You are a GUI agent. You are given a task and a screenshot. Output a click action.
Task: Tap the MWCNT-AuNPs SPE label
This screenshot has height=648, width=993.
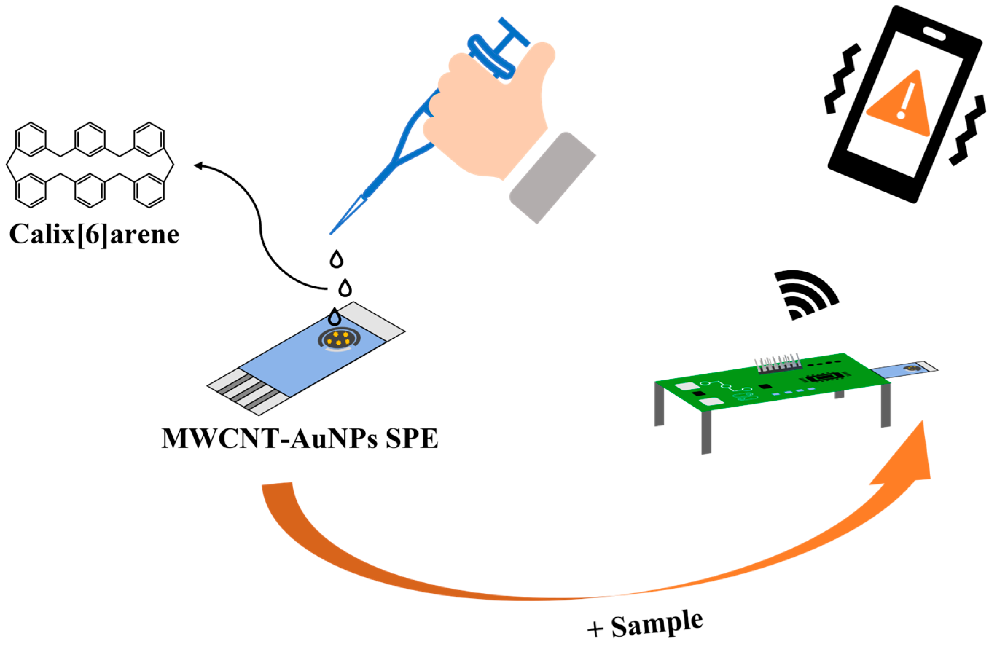coord(300,439)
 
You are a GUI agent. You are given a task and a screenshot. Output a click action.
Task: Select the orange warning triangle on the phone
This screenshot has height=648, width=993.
coord(901,106)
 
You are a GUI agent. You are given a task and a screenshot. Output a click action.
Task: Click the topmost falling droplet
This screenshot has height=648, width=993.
coord(336,259)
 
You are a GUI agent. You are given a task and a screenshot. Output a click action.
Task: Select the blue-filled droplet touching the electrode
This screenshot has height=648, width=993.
coord(334,317)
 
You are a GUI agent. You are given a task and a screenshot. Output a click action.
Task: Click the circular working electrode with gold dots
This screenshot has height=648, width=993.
coord(339,338)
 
